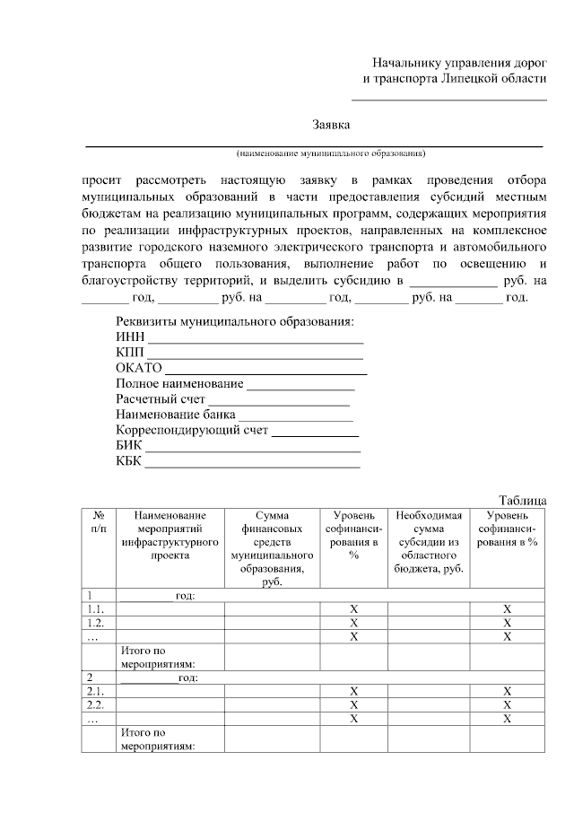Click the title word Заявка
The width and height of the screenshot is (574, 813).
point(331,124)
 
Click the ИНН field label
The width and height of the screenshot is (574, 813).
point(130,337)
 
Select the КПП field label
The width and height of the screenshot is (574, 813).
point(130,352)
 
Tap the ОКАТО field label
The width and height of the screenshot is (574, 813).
point(138,368)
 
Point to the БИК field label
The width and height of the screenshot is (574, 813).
point(129,446)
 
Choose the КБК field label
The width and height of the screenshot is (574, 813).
point(129,461)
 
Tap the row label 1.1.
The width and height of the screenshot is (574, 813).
point(96,609)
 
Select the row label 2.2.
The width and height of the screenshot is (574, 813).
point(96,705)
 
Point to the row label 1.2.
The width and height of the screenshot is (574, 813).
point(96,623)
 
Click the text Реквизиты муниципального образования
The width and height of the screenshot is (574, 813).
point(235,321)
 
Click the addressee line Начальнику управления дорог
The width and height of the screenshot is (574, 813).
point(459,63)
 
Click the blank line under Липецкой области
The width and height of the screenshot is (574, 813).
point(448,99)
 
